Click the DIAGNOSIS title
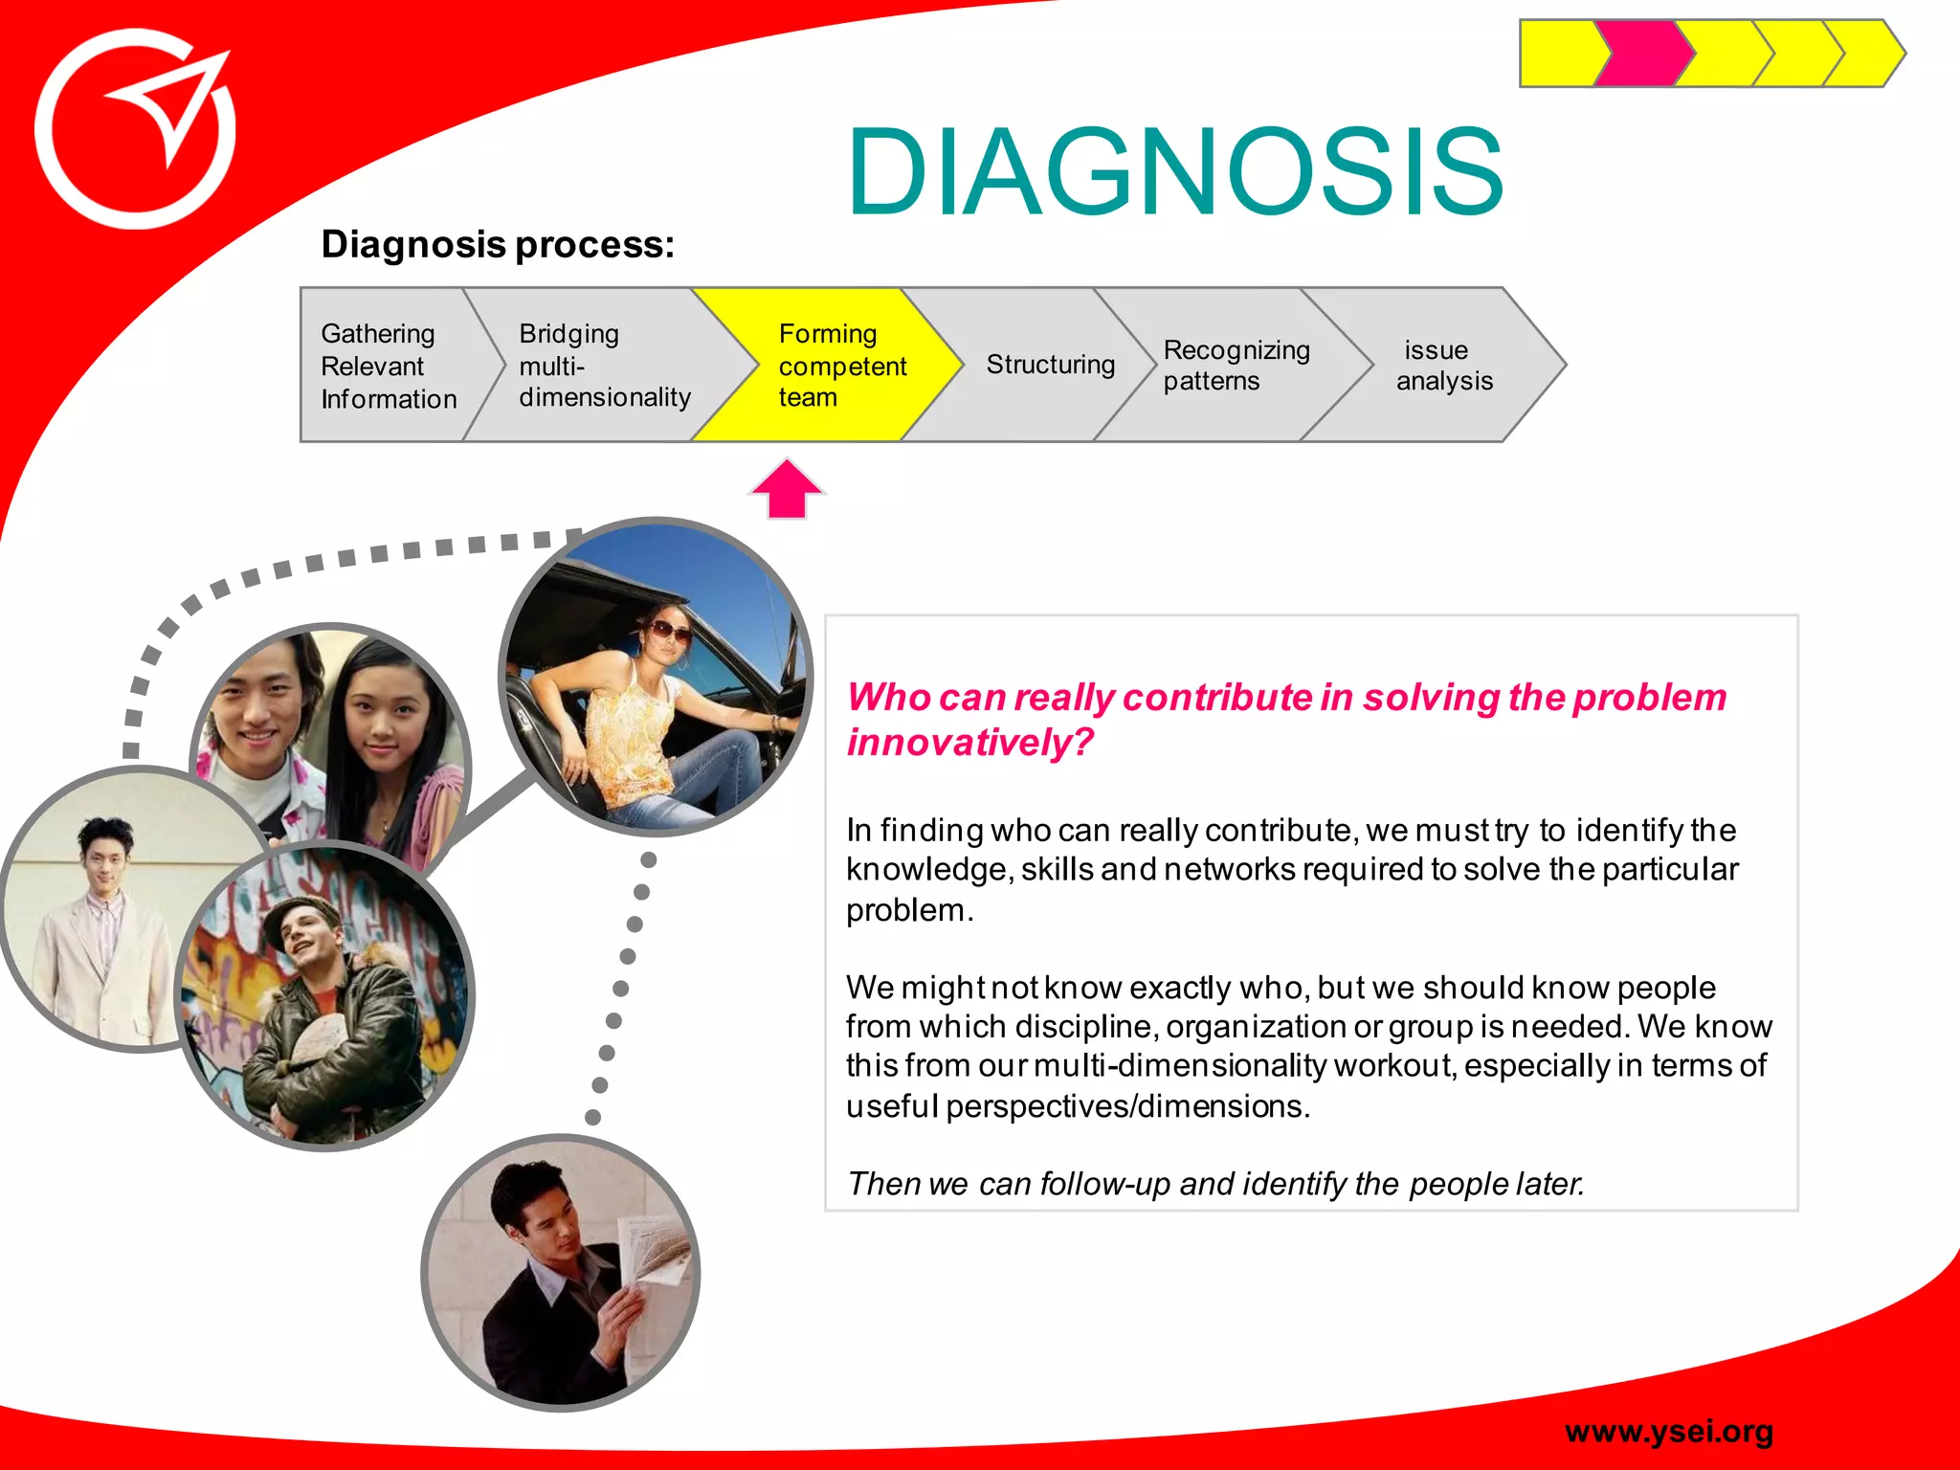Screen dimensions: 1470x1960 click(x=1175, y=172)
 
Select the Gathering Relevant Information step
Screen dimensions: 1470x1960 click(x=388, y=366)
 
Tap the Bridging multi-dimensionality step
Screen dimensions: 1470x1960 click(x=603, y=366)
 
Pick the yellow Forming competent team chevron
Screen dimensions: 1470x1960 click(x=833, y=366)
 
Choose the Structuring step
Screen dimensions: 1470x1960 click(x=1050, y=365)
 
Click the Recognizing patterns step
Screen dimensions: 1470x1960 click(x=1235, y=365)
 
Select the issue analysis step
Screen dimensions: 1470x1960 click(x=1443, y=365)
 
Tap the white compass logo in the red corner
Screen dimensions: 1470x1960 click(x=136, y=129)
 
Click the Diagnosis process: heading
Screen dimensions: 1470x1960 click(x=498, y=244)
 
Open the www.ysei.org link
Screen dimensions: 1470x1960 click(x=1668, y=1431)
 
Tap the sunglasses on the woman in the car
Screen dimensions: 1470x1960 click(x=669, y=631)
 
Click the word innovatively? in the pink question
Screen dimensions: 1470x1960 click(x=969, y=742)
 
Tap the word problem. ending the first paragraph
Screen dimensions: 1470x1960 click(x=908, y=910)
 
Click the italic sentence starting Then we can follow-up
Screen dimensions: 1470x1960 click(x=1215, y=1184)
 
